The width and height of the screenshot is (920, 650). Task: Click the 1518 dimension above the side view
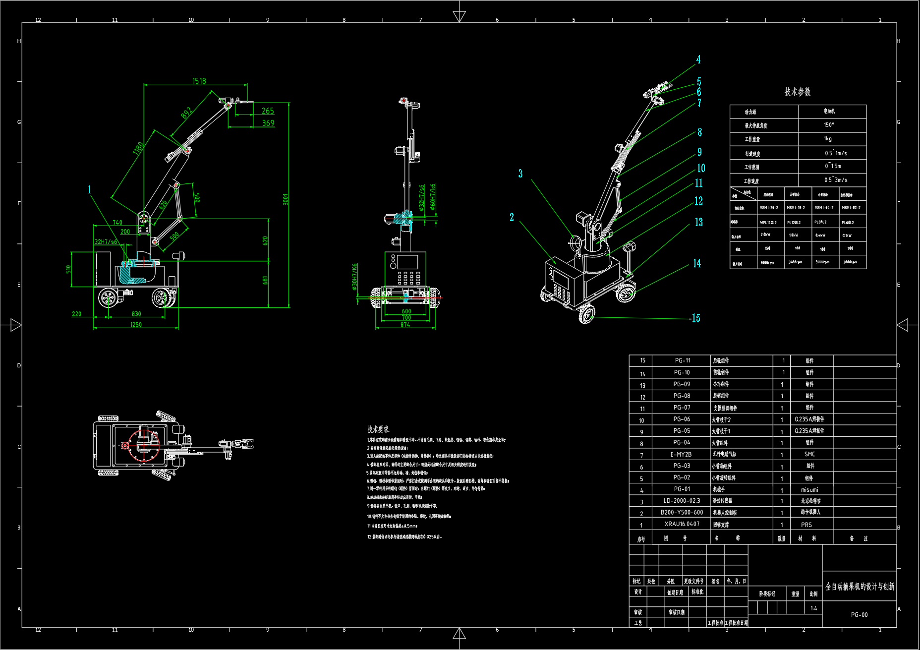tap(199, 81)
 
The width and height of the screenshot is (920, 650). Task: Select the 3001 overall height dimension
tap(286, 199)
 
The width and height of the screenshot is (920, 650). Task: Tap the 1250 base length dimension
tap(136, 325)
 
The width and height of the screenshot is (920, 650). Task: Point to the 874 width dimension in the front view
tap(405, 325)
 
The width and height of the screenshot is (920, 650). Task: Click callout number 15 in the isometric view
tap(696, 318)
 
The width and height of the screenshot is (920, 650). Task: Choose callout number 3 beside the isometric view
tap(520, 174)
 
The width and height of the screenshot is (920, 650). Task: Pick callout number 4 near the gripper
tap(698, 59)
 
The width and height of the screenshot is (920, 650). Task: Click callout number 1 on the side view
tap(90, 189)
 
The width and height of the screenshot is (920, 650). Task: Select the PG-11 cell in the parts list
tap(682, 360)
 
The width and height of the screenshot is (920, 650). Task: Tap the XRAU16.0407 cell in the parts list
tap(682, 524)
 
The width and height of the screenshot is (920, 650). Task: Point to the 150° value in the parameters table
tap(829, 125)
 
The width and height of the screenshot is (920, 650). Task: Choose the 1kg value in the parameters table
tap(828, 139)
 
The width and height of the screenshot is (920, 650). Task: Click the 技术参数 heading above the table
tap(798, 92)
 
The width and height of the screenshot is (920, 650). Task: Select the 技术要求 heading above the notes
tap(379, 429)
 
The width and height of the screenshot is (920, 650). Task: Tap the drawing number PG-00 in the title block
tap(860, 615)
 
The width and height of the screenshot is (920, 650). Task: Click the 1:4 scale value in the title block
tap(814, 608)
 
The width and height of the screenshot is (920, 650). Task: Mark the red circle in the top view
tap(144, 445)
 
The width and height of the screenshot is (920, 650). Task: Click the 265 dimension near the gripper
tap(268, 111)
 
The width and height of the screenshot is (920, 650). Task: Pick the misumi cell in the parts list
tap(810, 490)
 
